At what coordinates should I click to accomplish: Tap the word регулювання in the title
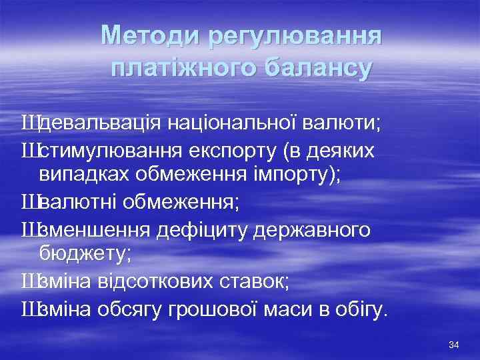[295, 37]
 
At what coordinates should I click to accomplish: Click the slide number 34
[455, 345]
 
